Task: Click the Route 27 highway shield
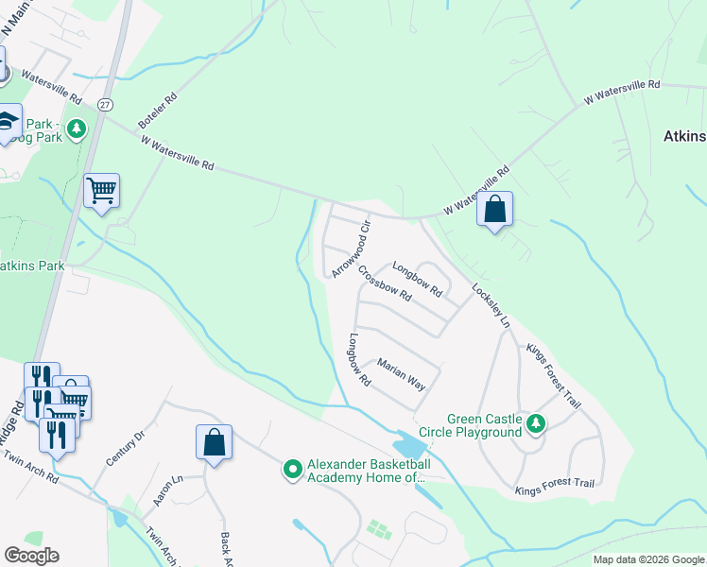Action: [x=102, y=100]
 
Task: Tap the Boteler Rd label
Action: [x=158, y=111]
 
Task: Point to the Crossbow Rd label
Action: [x=384, y=283]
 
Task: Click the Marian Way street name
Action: [x=402, y=373]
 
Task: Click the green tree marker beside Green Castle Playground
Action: [x=537, y=423]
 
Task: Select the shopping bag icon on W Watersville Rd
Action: [x=494, y=209]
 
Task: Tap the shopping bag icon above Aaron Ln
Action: [x=214, y=442]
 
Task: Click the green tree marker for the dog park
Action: [x=76, y=129]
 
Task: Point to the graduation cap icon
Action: [x=8, y=122]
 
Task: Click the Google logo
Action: [x=31, y=556]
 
